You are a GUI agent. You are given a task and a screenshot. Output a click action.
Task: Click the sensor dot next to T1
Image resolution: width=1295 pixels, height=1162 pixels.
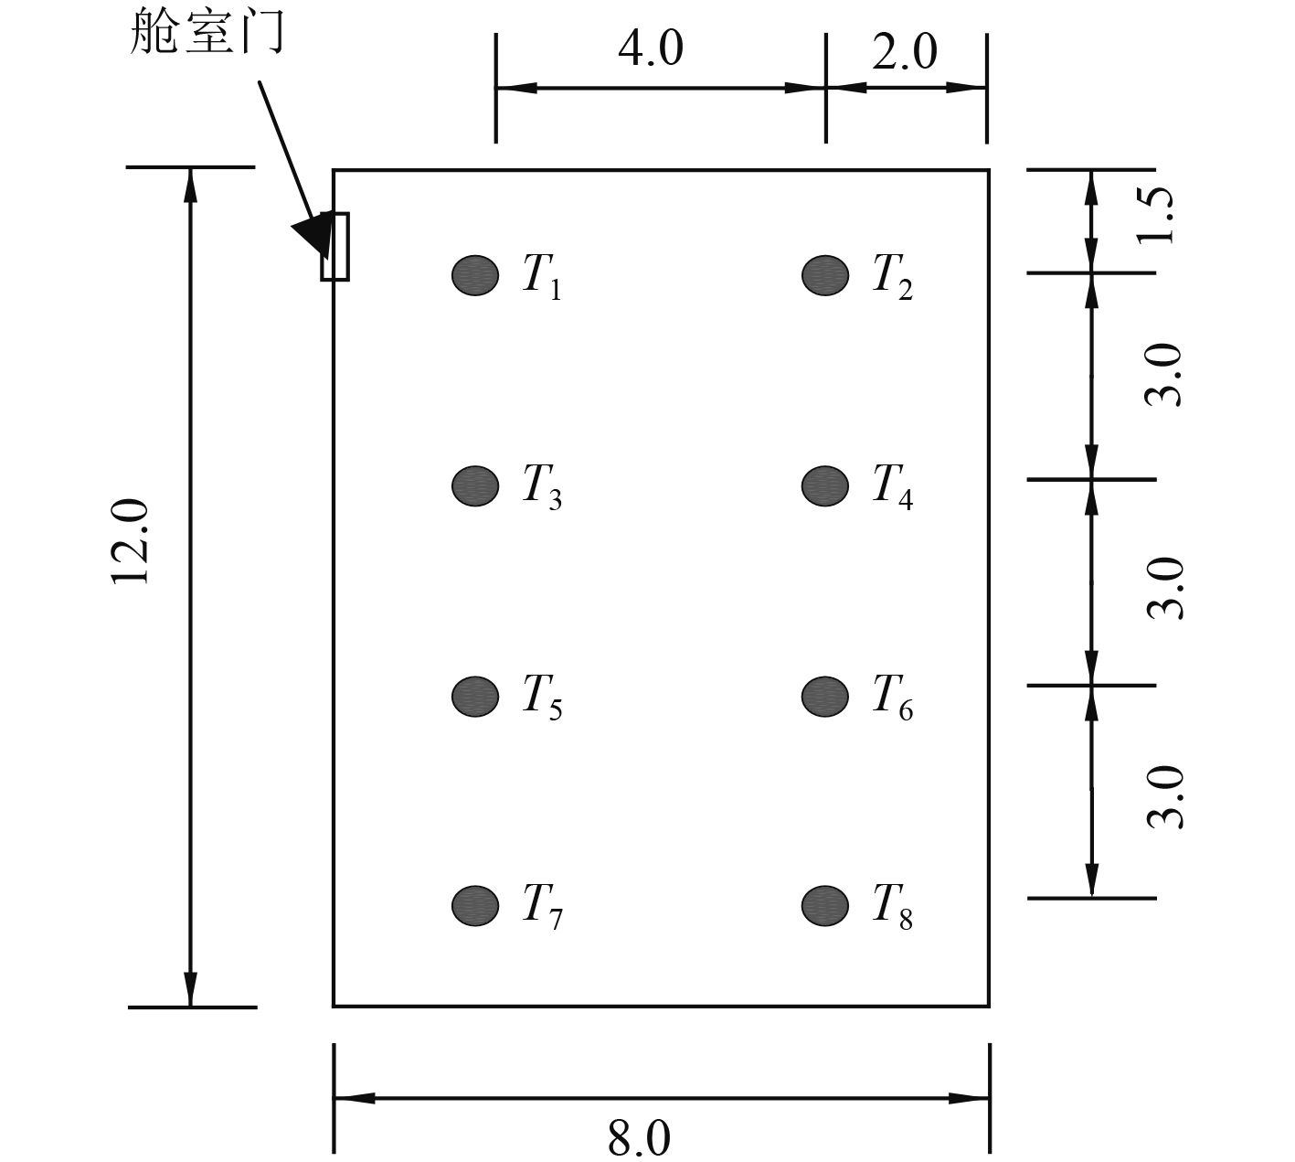point(475,274)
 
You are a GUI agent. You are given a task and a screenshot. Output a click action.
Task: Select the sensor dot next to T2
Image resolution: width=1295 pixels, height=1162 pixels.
point(825,274)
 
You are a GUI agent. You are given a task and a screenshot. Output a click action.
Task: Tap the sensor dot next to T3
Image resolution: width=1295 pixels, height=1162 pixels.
point(475,485)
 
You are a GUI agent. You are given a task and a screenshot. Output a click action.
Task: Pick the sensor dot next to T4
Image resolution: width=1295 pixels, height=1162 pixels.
point(825,485)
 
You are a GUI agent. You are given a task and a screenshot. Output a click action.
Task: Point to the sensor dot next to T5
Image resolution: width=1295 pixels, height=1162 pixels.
point(475,696)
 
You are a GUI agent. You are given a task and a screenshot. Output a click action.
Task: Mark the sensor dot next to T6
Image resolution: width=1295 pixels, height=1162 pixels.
point(825,696)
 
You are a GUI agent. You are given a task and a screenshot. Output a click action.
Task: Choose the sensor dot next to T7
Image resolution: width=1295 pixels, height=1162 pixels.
point(475,905)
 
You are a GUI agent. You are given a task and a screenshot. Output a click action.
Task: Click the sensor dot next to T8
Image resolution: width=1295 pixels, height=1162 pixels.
point(825,905)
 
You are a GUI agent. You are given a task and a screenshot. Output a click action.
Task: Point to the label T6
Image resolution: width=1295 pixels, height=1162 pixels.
point(892,698)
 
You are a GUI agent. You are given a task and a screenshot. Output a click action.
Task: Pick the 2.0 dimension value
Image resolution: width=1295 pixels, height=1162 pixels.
point(904,52)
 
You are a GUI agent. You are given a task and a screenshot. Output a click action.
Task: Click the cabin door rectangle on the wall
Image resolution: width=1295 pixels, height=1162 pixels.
point(335,246)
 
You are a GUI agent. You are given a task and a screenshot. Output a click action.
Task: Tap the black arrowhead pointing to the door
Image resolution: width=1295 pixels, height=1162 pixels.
point(313,233)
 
